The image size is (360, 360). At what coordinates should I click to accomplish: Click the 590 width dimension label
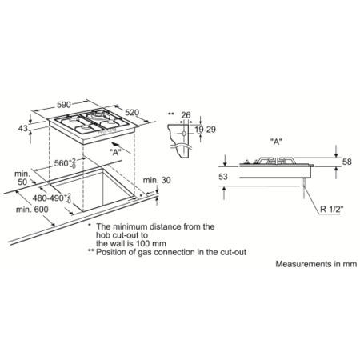tap(64, 105)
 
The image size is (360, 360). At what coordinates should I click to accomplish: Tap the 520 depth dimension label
tap(132, 113)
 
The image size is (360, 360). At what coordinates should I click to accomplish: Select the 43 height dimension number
tap(23, 128)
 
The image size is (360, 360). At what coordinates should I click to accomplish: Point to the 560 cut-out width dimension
tap(65, 163)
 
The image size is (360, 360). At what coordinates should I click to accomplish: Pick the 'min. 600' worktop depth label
tap(32, 210)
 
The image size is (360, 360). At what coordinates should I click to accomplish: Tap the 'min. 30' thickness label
tap(157, 180)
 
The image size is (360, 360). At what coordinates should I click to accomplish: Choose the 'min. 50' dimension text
tap(22, 178)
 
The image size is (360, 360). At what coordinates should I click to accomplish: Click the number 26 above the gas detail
tap(186, 115)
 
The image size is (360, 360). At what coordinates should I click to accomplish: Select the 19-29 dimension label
tap(205, 130)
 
